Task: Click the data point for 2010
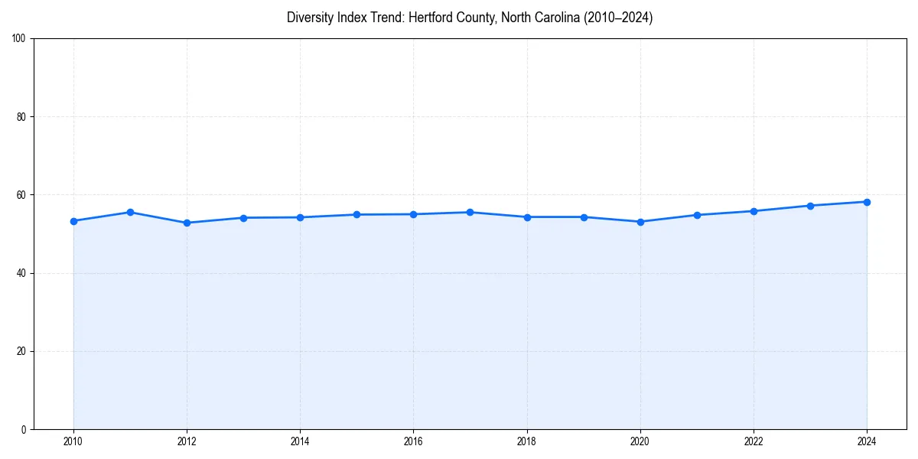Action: [73, 221]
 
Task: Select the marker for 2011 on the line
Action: [130, 212]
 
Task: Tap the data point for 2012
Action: [187, 223]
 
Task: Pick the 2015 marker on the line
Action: [356, 214]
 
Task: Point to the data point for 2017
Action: [470, 212]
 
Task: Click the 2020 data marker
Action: [640, 222]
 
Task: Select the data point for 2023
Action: [810, 206]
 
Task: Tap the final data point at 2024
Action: [867, 202]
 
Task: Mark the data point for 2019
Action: [584, 217]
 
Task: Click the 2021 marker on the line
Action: [697, 215]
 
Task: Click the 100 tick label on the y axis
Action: [19, 39]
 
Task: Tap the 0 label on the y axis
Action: [24, 429]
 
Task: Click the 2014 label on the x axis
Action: [300, 441]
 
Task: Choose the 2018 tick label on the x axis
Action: [526, 441]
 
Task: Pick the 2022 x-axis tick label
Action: [754, 441]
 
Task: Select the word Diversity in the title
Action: [309, 18]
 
